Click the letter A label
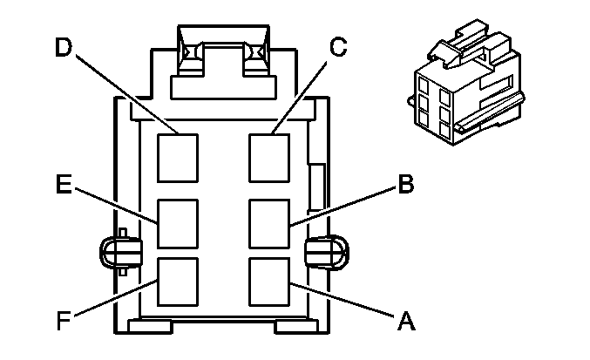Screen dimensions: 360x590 point(404,322)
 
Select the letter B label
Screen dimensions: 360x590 point(404,185)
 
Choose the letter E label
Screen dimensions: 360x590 point(62,186)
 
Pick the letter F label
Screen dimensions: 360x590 point(63,321)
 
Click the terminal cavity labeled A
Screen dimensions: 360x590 point(269,278)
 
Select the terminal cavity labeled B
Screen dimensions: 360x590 point(269,223)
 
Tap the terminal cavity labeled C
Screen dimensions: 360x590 point(269,156)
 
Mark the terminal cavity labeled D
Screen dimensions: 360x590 point(177,156)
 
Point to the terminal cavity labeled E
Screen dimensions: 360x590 point(177,223)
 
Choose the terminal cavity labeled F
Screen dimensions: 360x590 point(177,280)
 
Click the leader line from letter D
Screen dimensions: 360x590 point(127,96)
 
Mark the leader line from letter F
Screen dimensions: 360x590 point(113,301)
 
